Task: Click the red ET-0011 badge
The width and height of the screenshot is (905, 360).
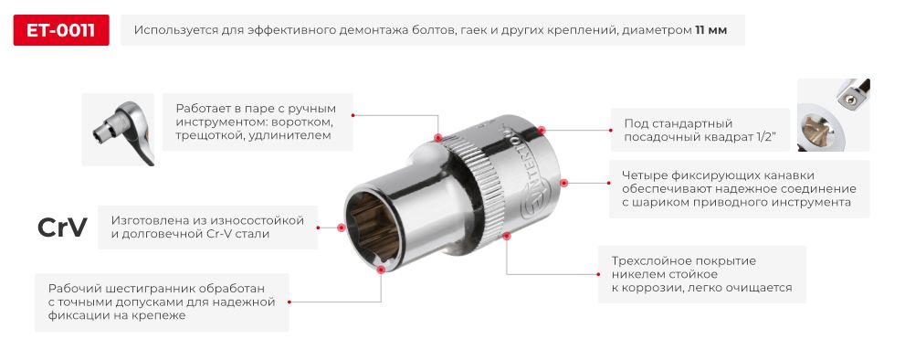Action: [x=61, y=30]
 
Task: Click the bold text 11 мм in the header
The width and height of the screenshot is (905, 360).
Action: [x=710, y=30]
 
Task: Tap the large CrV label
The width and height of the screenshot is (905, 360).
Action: [x=62, y=228]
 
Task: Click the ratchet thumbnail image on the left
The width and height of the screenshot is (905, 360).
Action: [x=118, y=129]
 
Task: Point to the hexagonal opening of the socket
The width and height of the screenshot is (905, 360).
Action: [x=375, y=228]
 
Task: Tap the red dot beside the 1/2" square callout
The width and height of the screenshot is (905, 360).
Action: [x=542, y=130]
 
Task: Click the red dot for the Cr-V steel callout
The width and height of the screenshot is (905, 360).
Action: [x=341, y=228]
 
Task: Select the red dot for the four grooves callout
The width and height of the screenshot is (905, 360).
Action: [x=563, y=183]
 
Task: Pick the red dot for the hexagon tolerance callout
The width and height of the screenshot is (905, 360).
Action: [x=380, y=270]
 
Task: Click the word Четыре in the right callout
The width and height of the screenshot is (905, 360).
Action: [x=644, y=175]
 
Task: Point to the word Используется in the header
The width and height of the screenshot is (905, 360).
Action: [x=175, y=30]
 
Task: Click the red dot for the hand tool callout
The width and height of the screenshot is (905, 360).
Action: [x=438, y=138]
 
